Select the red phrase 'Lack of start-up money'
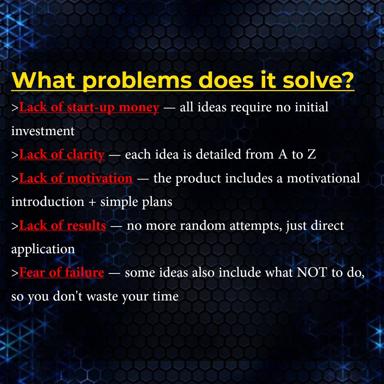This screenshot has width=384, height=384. point(89,108)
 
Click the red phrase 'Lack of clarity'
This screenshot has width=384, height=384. point(62,155)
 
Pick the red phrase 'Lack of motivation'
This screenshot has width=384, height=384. point(76,178)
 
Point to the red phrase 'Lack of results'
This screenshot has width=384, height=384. point(63,225)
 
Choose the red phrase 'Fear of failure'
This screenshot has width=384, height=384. point(62,273)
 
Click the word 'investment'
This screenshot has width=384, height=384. point(43,131)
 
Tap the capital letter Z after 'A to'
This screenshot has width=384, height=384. point(311,155)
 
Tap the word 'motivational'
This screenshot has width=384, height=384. point(323,178)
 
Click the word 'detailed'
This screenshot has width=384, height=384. point(218,155)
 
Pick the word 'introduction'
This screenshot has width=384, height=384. point(48,202)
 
